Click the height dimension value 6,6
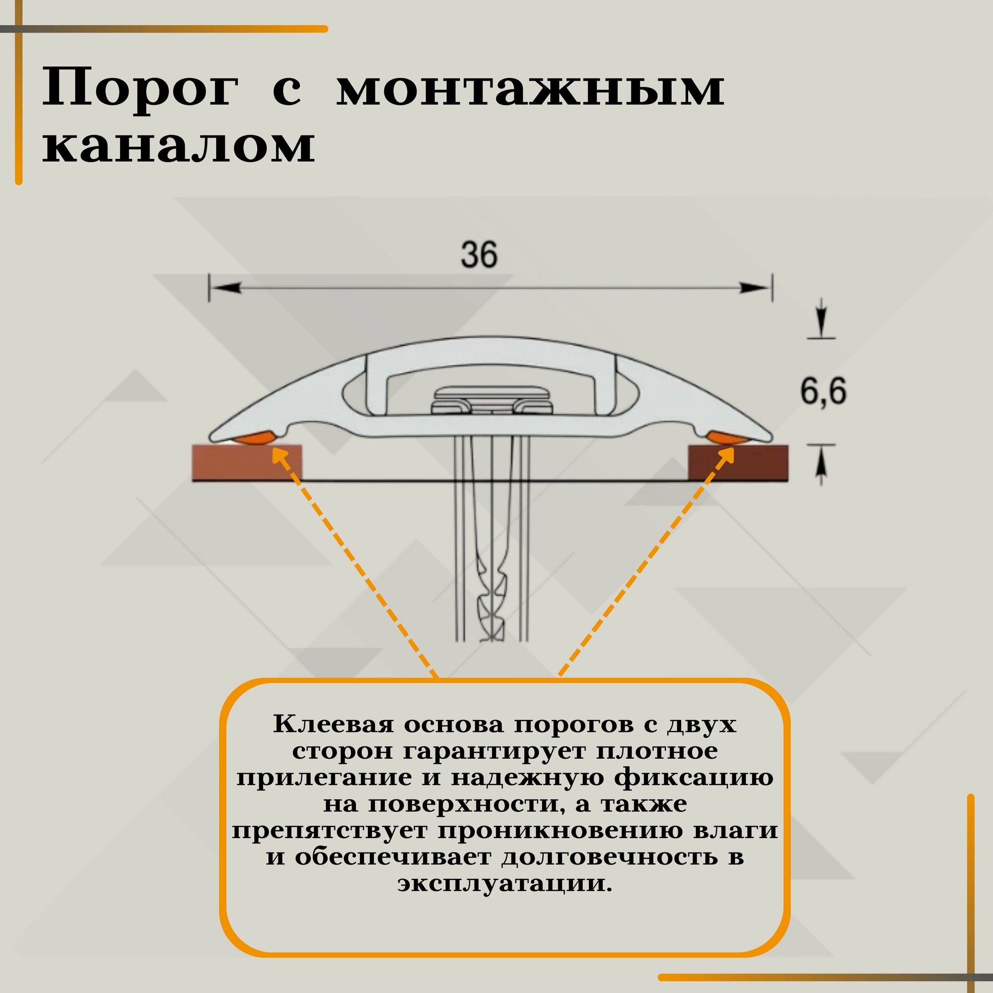tap(823, 392)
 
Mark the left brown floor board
tap(247, 463)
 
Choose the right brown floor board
tap(738, 463)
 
